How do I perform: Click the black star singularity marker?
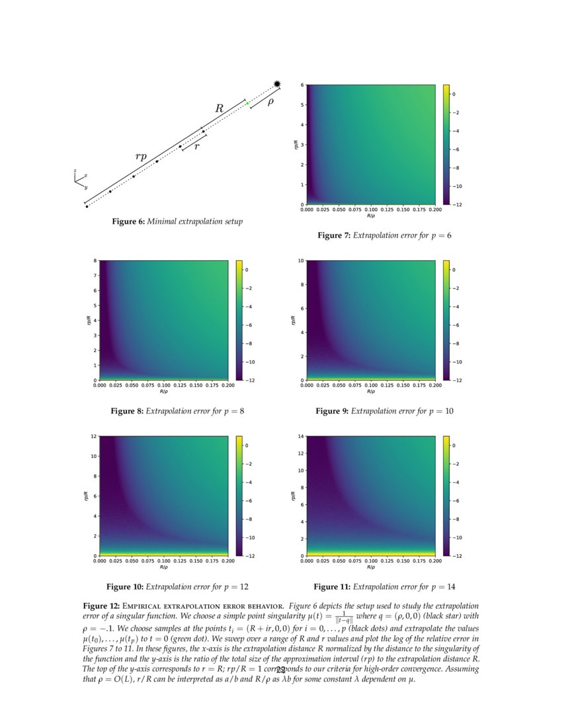[x=277, y=83]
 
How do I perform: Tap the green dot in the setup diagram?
[x=247, y=103]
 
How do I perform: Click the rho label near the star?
[x=270, y=102]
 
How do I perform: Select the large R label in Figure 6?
[x=220, y=108]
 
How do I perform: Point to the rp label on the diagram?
[x=141, y=156]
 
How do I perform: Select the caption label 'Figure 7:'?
[x=334, y=236]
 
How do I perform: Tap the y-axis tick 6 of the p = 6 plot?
[x=303, y=85]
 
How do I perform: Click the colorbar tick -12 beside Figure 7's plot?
[x=457, y=205]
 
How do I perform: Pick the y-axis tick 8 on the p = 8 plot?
[x=97, y=261]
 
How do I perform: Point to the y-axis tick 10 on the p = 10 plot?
[x=301, y=261]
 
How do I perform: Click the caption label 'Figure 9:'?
[x=332, y=412]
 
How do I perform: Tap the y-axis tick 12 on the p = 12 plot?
[x=95, y=437]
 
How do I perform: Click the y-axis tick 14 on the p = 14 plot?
[x=301, y=437]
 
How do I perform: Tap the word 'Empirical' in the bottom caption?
[x=143, y=606]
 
